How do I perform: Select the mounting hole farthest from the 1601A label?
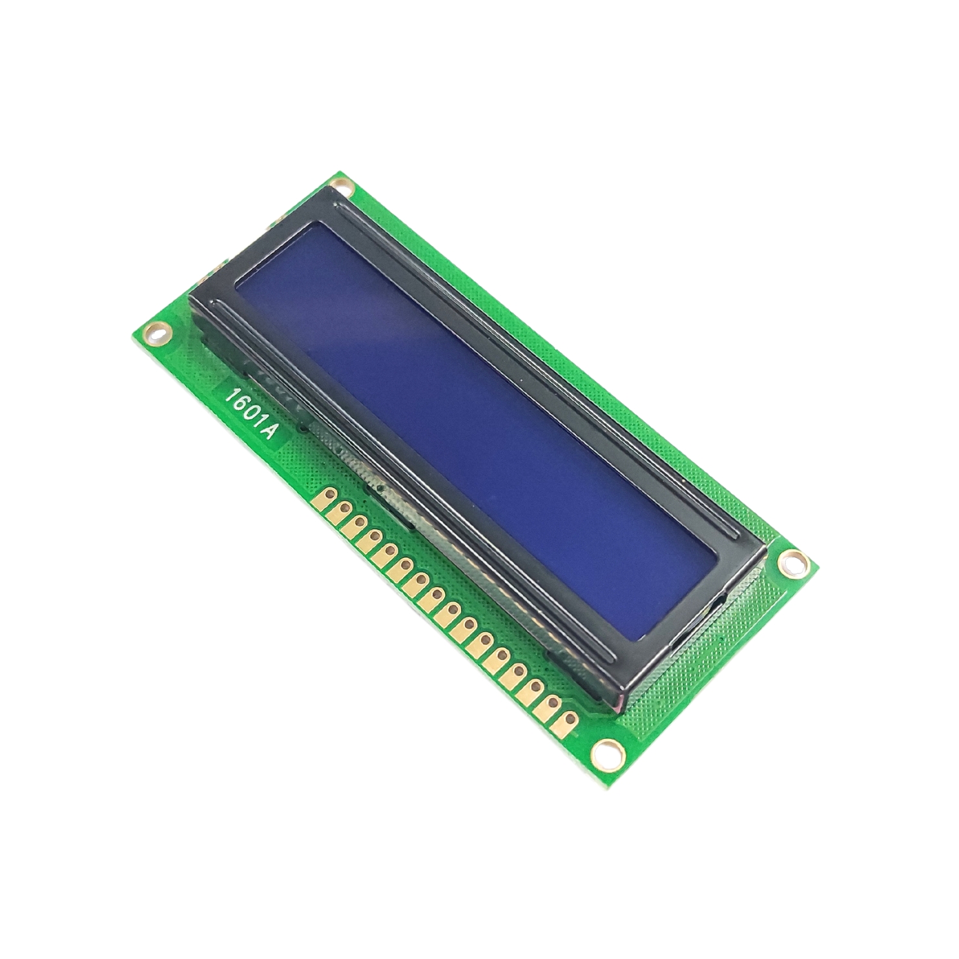coord(792,561)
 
